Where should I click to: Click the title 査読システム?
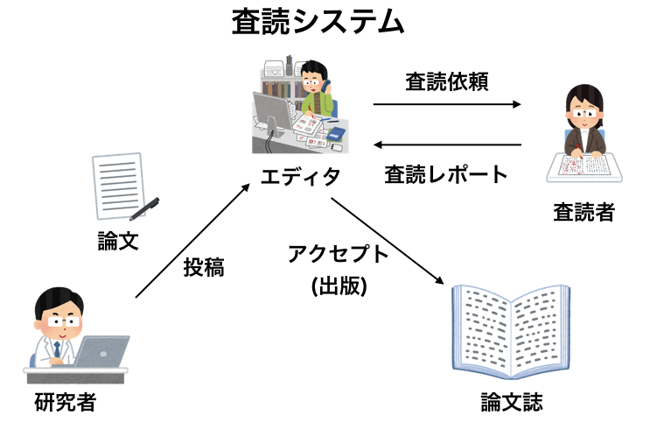(318, 21)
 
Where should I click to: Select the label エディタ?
(300, 177)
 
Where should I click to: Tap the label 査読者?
(583, 212)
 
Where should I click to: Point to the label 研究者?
(65, 404)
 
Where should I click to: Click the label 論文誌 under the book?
(512, 403)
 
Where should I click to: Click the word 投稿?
(203, 268)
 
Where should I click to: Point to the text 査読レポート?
(446, 174)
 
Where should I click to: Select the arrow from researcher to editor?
(193, 241)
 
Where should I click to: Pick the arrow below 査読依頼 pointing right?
(447, 104)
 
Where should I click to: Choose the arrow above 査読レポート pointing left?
(447, 145)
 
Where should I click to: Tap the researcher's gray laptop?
(101, 352)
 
